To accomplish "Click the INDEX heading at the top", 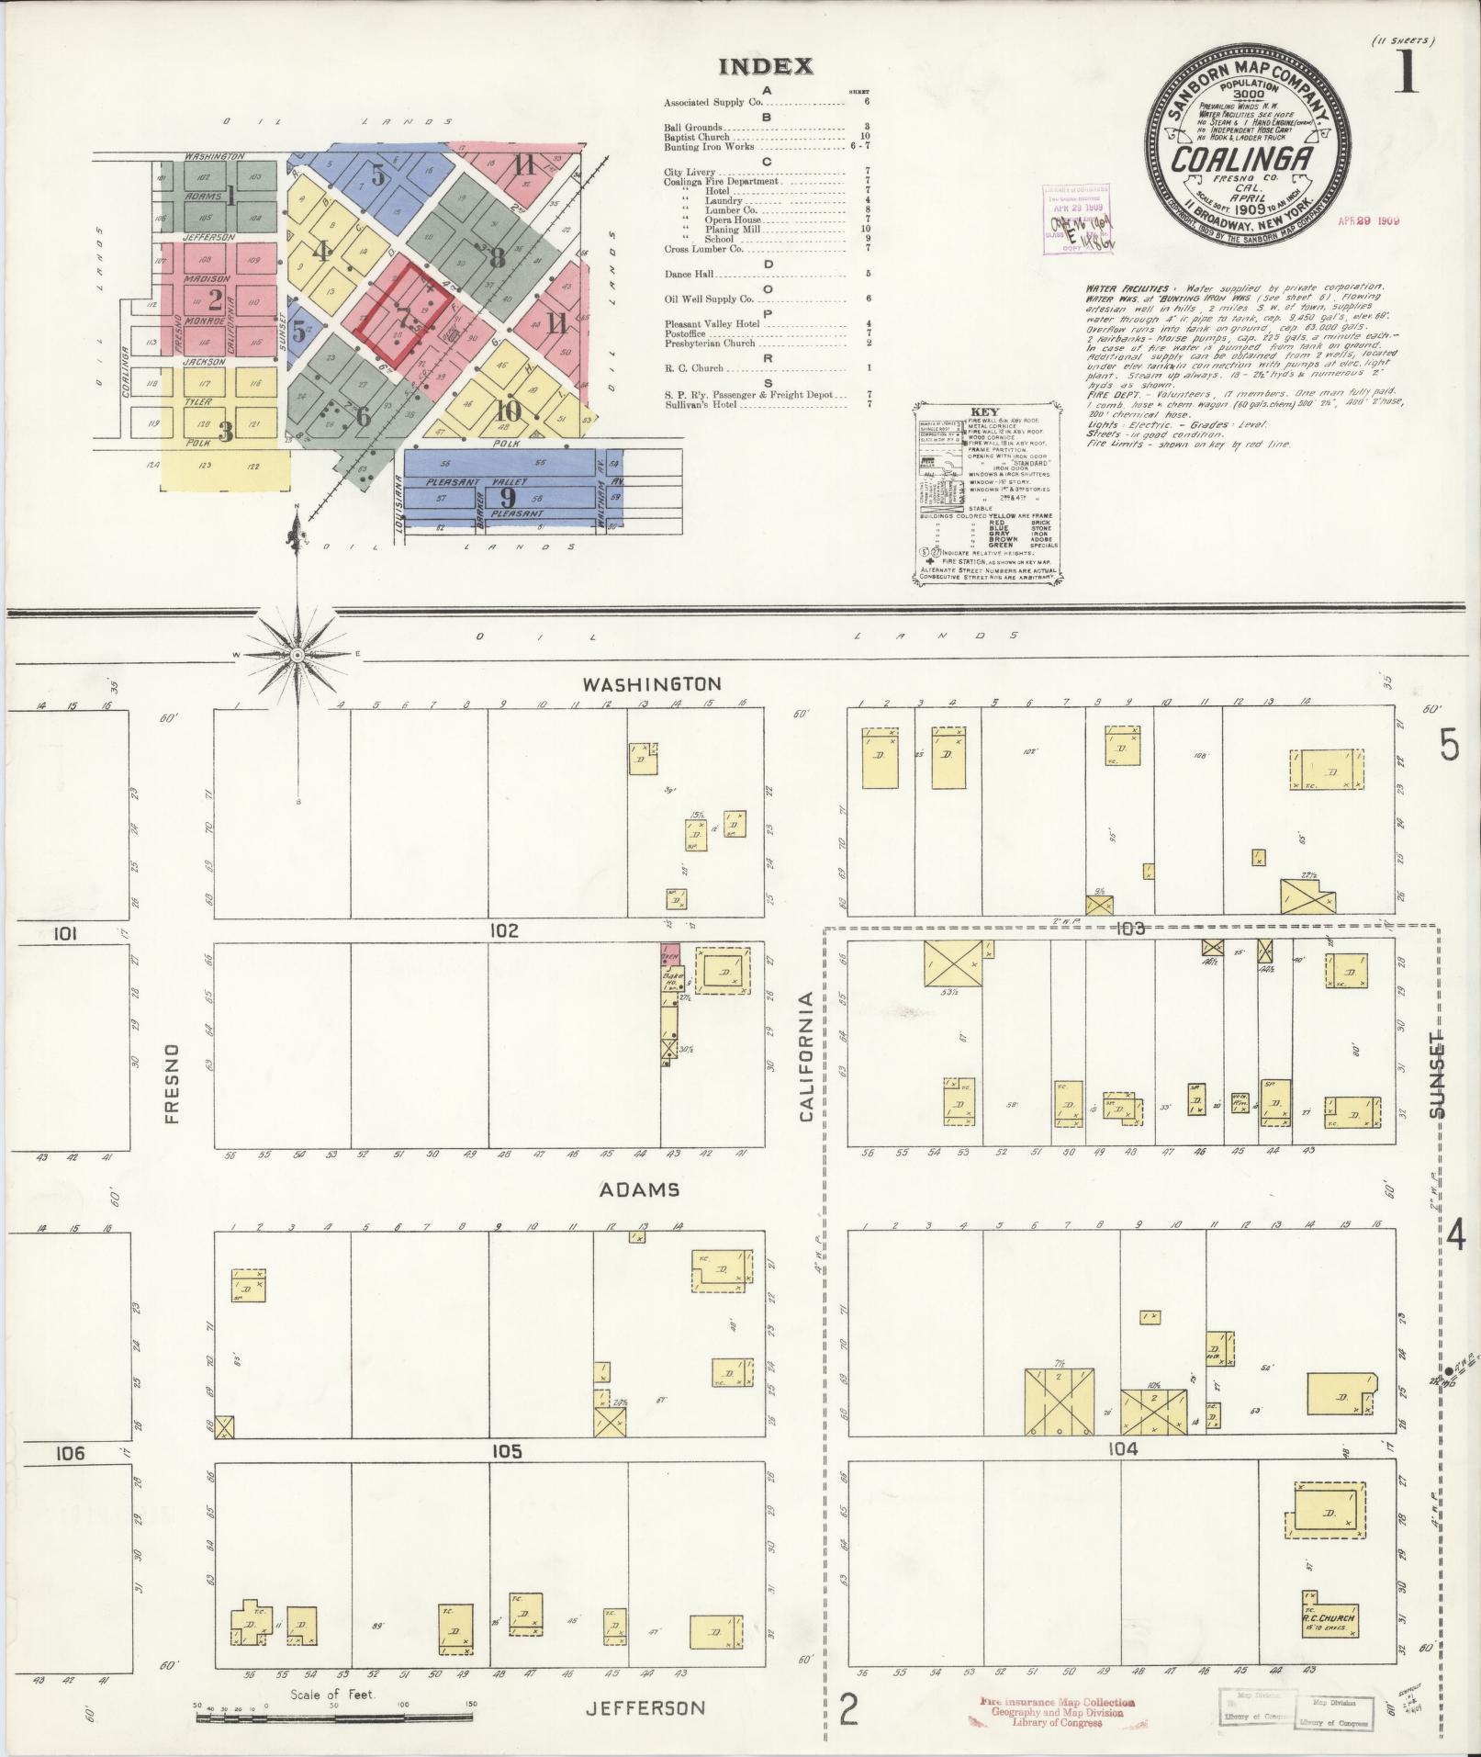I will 765,66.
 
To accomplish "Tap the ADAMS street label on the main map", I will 639,1190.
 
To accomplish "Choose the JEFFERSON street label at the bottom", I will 645,1708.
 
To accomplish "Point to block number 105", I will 506,1451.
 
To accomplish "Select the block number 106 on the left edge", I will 69,1453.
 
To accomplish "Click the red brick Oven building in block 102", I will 669,954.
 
